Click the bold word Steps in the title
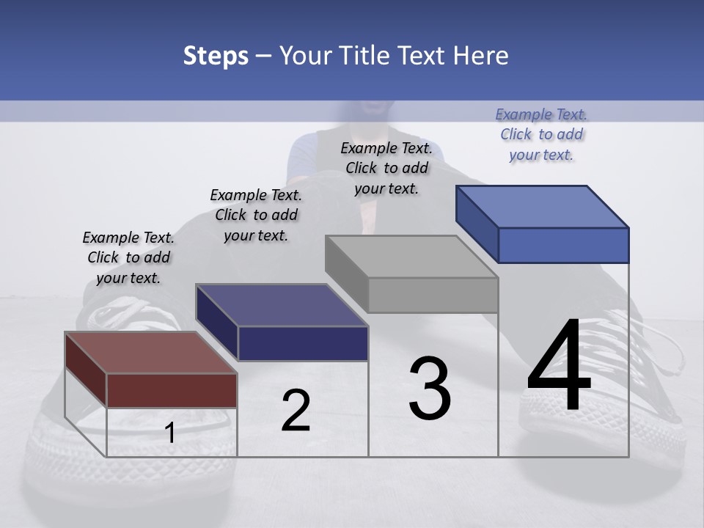(216, 56)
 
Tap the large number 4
(559, 367)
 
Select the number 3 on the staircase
(430, 389)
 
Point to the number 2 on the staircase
(296, 411)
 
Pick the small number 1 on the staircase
(170, 433)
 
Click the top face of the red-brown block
(150, 353)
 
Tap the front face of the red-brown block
(172, 390)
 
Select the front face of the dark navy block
(303, 343)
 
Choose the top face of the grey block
(411, 257)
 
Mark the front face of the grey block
(433, 295)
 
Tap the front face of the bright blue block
(563, 245)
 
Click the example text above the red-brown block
(128, 257)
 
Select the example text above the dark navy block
(256, 215)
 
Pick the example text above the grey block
(386, 168)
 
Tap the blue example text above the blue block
(541, 134)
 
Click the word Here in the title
(480, 56)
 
